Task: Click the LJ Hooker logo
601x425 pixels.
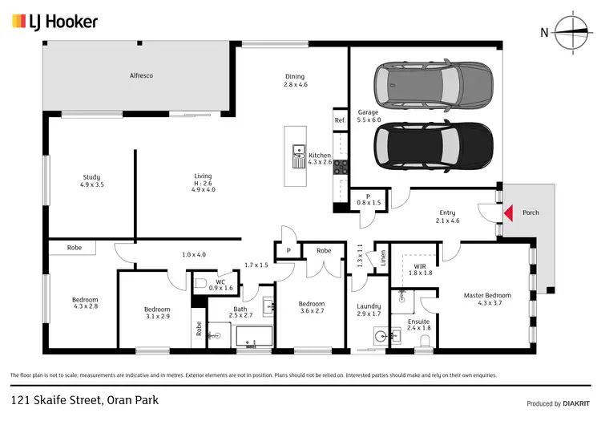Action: click(54, 22)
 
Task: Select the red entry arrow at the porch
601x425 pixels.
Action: click(506, 213)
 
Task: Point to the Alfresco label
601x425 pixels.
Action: click(141, 75)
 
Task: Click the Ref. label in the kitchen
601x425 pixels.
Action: click(340, 120)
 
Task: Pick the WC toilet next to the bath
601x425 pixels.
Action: click(201, 282)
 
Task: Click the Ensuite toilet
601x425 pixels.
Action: click(426, 342)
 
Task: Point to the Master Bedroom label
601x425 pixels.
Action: click(489, 295)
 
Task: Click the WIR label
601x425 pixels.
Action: click(420, 265)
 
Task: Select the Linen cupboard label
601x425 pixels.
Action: click(384, 257)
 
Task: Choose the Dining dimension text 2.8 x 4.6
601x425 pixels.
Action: click(295, 84)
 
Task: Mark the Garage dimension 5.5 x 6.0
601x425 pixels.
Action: click(369, 119)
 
